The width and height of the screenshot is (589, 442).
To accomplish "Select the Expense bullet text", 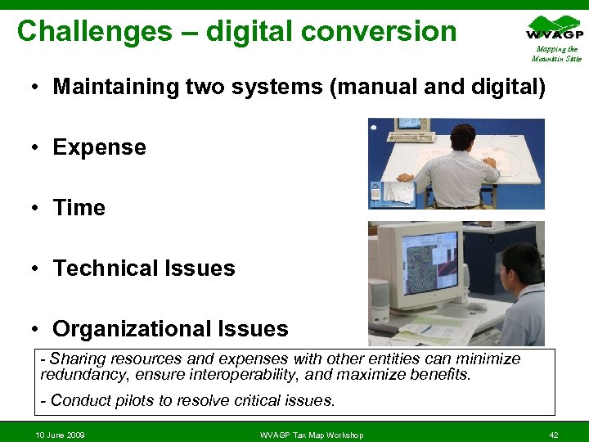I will click(99, 147).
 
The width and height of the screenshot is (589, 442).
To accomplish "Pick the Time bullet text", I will click(79, 208).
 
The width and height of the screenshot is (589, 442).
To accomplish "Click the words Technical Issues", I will click(144, 268).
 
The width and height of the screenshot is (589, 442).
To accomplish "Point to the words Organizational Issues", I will click(170, 329).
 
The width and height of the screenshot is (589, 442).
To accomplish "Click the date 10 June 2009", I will click(60, 435).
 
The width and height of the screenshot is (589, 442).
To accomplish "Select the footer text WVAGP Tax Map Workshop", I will click(311, 435).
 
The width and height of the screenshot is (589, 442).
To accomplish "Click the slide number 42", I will click(554, 435).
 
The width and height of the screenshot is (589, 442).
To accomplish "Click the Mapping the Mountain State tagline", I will click(556, 54).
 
